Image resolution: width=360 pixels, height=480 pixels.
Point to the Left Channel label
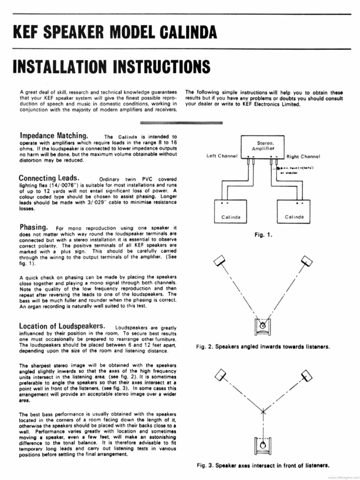[222, 156]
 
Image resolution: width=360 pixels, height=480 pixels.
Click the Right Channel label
[303, 156]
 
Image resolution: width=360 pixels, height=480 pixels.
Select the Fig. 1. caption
[263, 235]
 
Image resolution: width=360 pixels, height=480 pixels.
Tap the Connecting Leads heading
[49, 178]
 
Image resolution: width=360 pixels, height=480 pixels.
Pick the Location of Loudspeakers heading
[61, 326]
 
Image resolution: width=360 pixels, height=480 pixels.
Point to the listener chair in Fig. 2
[263, 325]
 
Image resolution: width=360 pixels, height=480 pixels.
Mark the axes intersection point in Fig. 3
[263, 412]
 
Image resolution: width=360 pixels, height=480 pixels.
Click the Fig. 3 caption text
[263, 465]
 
